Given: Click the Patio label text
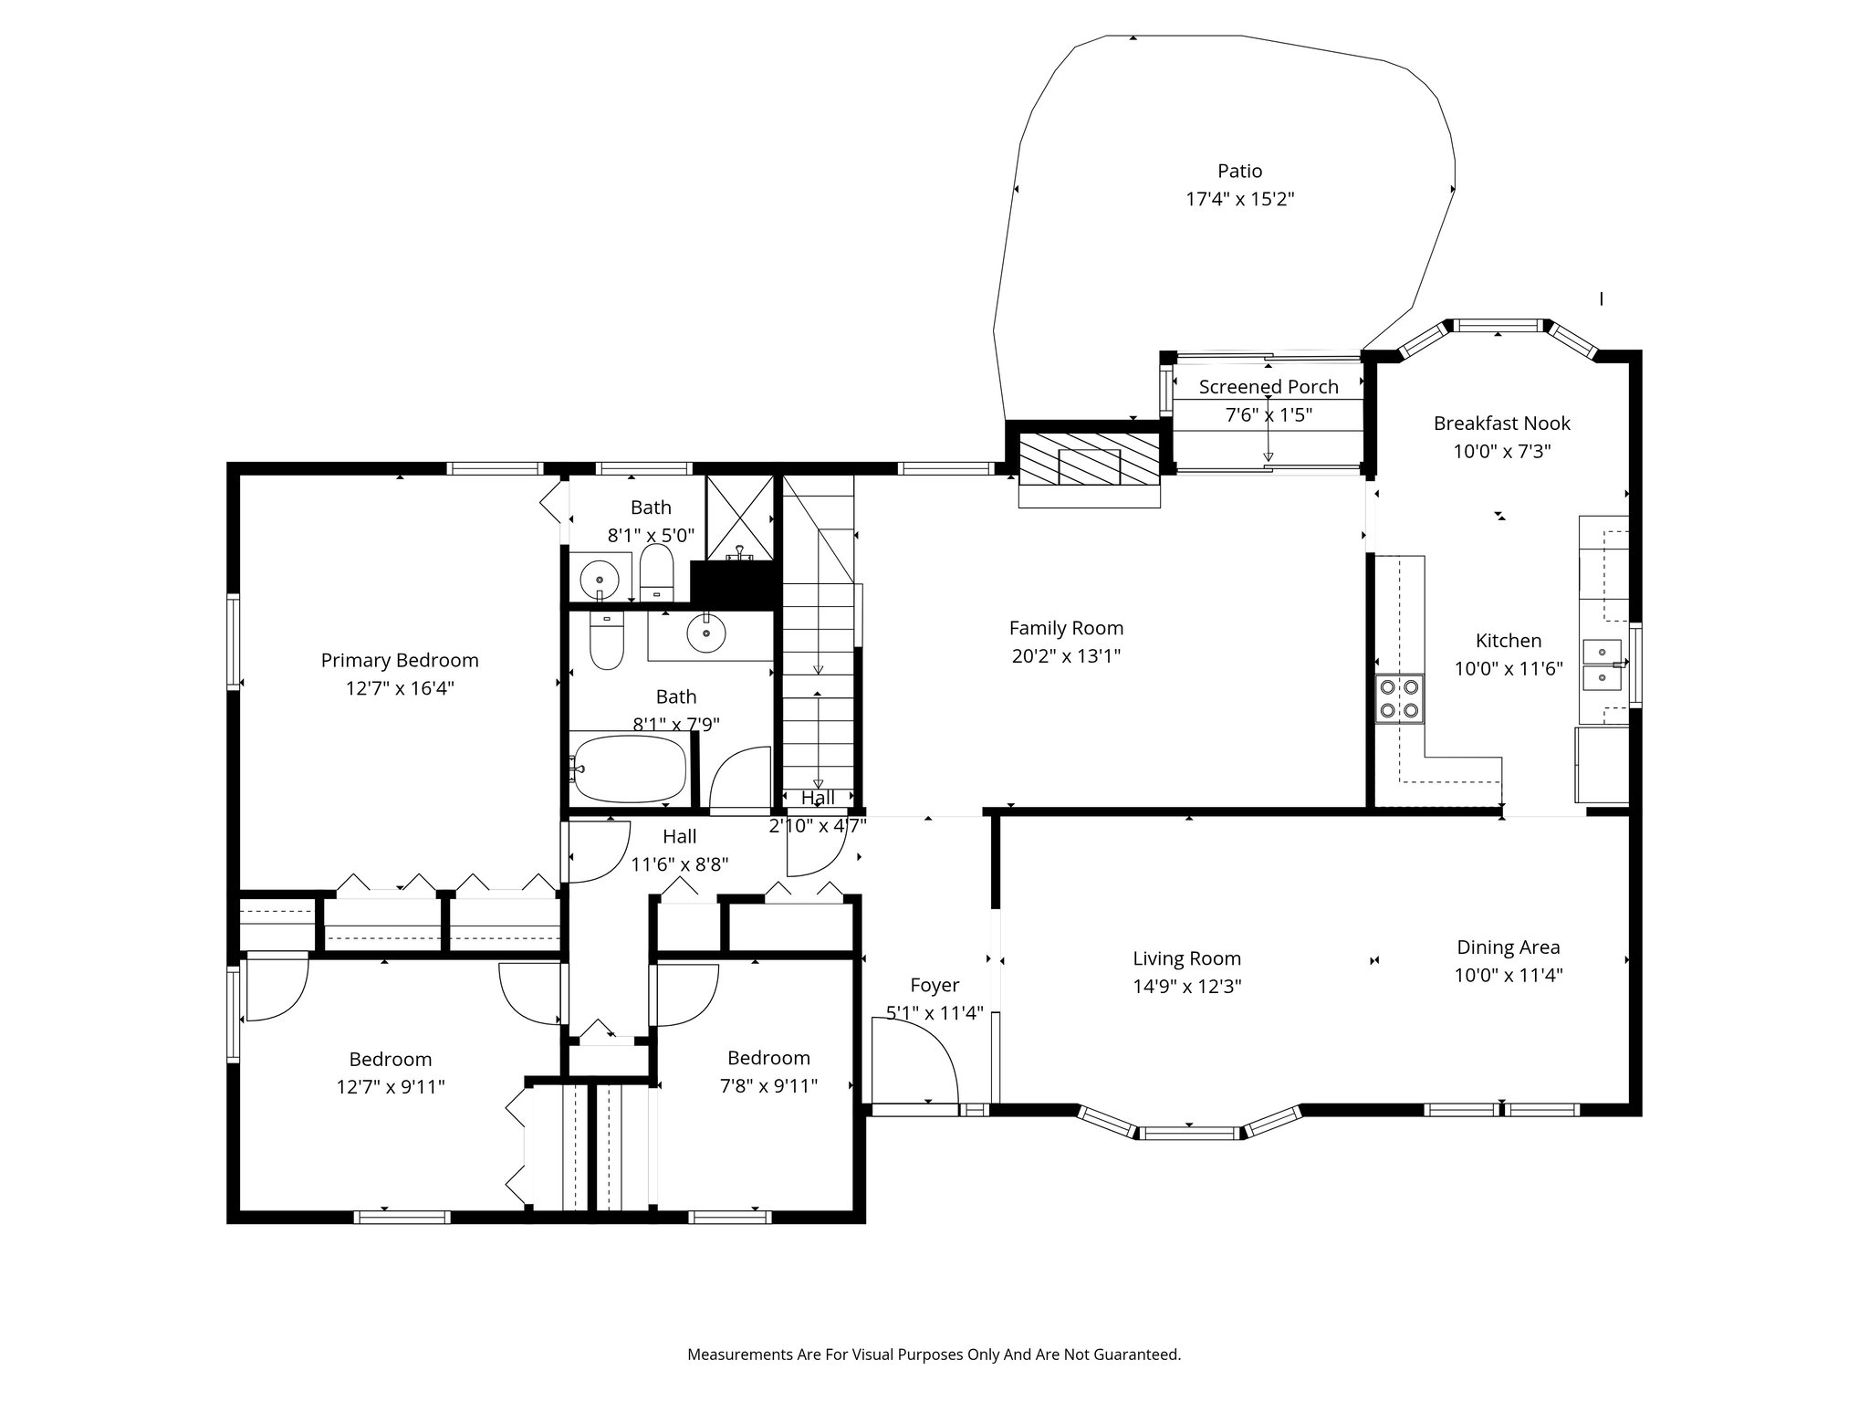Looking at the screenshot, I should click(1239, 172).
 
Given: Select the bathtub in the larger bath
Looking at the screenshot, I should click(630, 769).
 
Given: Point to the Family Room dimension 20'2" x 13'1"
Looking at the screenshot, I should click(1066, 656).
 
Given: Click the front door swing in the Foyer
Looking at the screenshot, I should click(914, 1062).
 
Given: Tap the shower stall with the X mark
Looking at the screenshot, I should click(740, 516).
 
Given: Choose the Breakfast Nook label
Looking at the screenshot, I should click(1501, 424).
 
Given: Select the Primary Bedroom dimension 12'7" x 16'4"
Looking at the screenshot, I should click(400, 688).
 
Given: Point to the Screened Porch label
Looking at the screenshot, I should click(1269, 387).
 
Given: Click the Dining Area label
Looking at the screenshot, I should click(1508, 947).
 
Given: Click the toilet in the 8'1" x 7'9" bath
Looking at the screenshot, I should click(607, 641).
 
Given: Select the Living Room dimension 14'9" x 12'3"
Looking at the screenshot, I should click(1186, 987).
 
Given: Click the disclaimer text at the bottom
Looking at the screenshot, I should click(934, 1355).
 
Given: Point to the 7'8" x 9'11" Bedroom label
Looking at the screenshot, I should click(768, 1058).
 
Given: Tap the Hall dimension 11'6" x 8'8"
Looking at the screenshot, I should click(679, 863).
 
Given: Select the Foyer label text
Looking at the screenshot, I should click(934, 985).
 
